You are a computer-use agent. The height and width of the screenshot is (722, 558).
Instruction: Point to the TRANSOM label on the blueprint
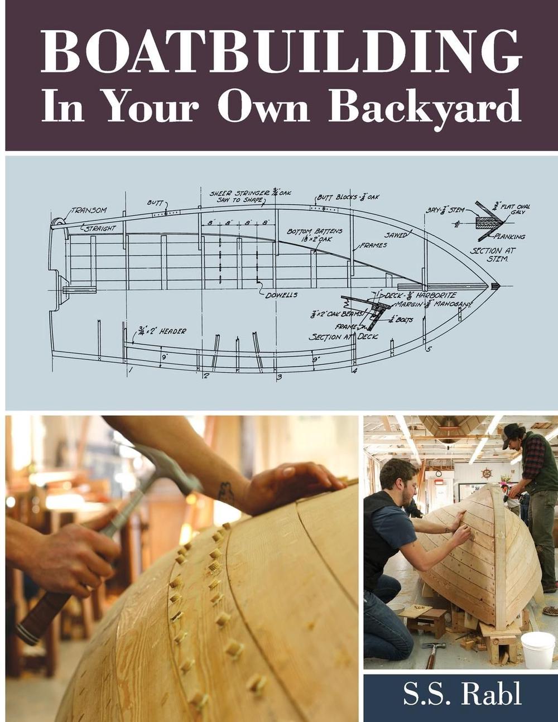click(x=89, y=210)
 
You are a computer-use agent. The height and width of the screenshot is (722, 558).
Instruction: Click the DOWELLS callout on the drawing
click(x=281, y=295)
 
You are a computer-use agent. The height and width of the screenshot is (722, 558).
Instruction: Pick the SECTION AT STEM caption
click(x=493, y=254)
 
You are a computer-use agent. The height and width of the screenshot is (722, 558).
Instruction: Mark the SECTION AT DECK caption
click(x=343, y=337)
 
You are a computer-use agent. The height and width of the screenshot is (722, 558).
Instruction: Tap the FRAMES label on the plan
click(x=373, y=245)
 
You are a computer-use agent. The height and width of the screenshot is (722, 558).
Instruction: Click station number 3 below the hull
click(x=279, y=377)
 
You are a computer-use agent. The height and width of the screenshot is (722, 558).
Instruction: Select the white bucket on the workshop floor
click(x=537, y=647)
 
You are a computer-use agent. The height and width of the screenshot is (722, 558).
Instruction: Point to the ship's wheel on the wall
click(x=487, y=474)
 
